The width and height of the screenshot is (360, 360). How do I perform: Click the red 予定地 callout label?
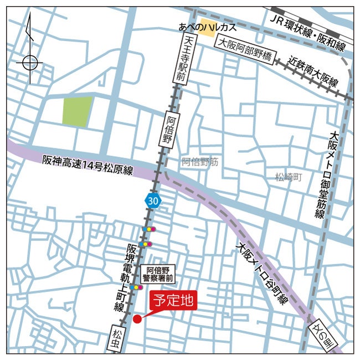point(173,302)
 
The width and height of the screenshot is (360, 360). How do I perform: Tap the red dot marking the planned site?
point(137,319)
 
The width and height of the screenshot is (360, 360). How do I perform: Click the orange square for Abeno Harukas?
point(207,30)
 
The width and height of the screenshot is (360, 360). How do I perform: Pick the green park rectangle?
point(77,111)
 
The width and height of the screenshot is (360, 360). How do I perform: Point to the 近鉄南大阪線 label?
point(313,72)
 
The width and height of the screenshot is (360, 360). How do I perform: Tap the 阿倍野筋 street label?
point(200,162)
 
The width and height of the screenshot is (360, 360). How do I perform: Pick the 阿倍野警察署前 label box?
point(157,274)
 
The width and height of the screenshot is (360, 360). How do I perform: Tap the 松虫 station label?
point(116,340)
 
